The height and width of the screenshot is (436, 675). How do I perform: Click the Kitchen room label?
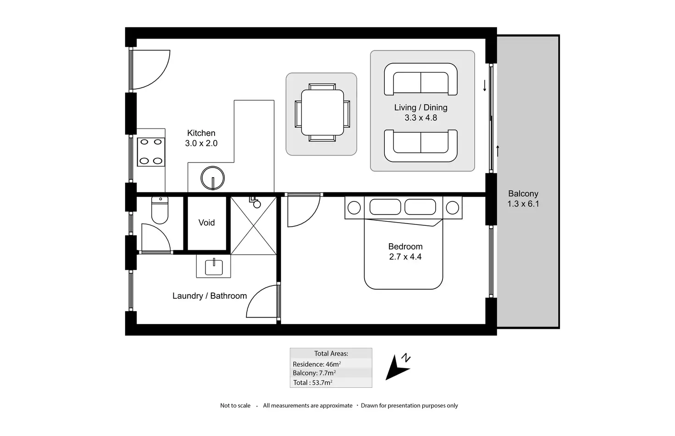click(x=201, y=133)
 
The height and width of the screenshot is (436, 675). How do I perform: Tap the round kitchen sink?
click(x=213, y=178)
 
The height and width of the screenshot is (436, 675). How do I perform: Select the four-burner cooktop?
click(x=151, y=151)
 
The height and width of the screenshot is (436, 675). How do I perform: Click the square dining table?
click(x=322, y=112)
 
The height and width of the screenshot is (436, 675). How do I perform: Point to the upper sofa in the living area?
click(x=420, y=79)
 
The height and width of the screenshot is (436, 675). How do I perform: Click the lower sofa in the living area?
click(x=420, y=145)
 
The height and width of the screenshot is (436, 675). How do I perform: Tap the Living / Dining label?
click(x=420, y=107)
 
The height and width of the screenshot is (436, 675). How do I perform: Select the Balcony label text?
click(x=523, y=194)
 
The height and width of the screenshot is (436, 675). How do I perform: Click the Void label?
click(x=206, y=223)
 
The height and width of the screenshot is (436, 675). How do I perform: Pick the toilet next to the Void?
click(x=160, y=210)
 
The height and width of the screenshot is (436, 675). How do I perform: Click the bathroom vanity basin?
click(x=214, y=266)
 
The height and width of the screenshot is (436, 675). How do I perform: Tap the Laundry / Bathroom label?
click(x=210, y=296)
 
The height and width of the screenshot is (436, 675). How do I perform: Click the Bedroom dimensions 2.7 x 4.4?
click(x=405, y=257)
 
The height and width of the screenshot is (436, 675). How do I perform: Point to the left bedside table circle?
click(x=354, y=208)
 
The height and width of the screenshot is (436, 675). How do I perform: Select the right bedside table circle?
click(x=452, y=208)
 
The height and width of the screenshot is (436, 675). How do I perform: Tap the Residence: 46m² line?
click(x=317, y=364)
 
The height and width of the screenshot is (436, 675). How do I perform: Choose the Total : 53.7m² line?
click(x=313, y=382)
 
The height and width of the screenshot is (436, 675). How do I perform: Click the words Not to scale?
click(x=235, y=405)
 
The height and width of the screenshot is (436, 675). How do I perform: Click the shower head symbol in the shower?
click(x=256, y=203)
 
